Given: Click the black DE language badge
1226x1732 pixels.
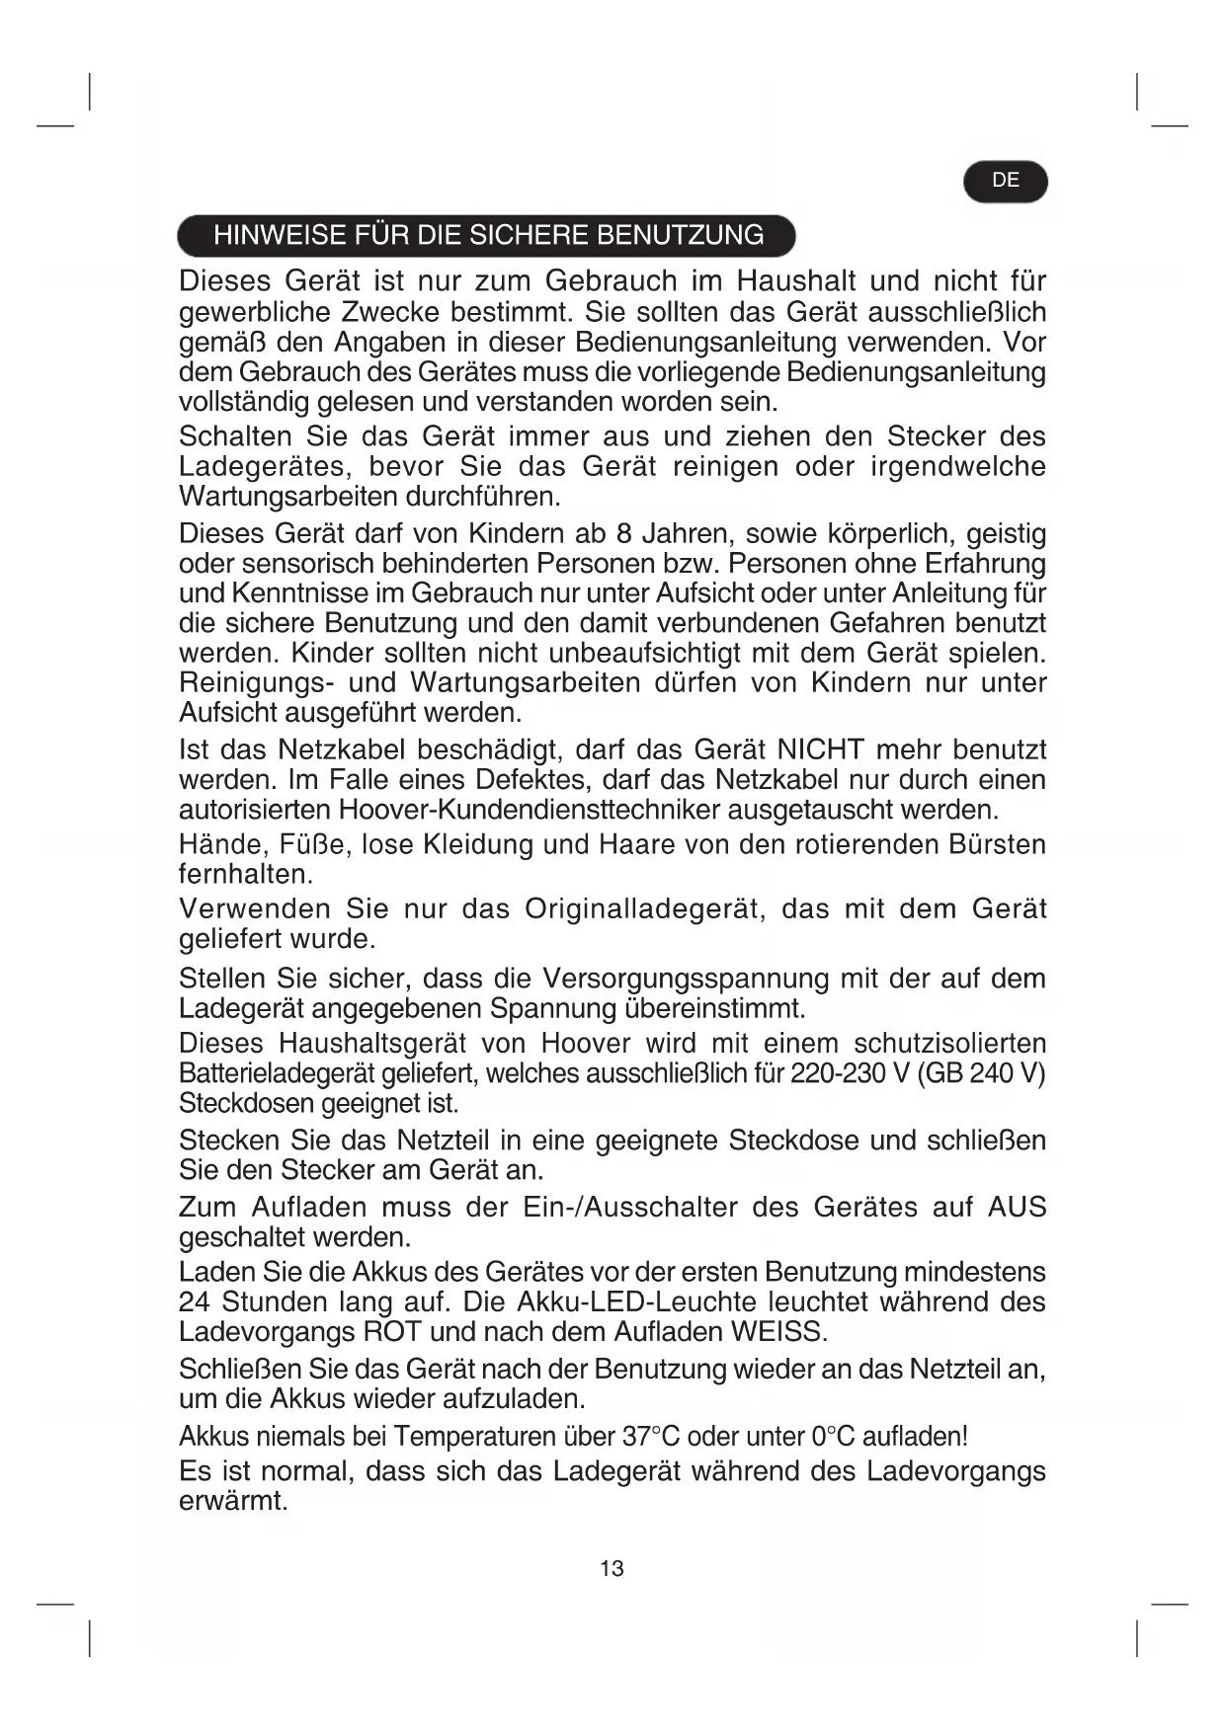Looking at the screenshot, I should (x=1005, y=181).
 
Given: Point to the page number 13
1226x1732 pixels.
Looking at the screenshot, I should (x=612, y=1568).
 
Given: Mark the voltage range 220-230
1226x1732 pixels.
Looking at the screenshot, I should (x=837, y=1073).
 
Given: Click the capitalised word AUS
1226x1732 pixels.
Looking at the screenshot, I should (x=1017, y=1208).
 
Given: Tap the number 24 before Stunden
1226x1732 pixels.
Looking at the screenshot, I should (x=194, y=1301).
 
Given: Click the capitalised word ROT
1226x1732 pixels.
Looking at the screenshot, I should (x=392, y=1331).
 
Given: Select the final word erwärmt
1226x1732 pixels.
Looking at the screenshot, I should (x=232, y=1502).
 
